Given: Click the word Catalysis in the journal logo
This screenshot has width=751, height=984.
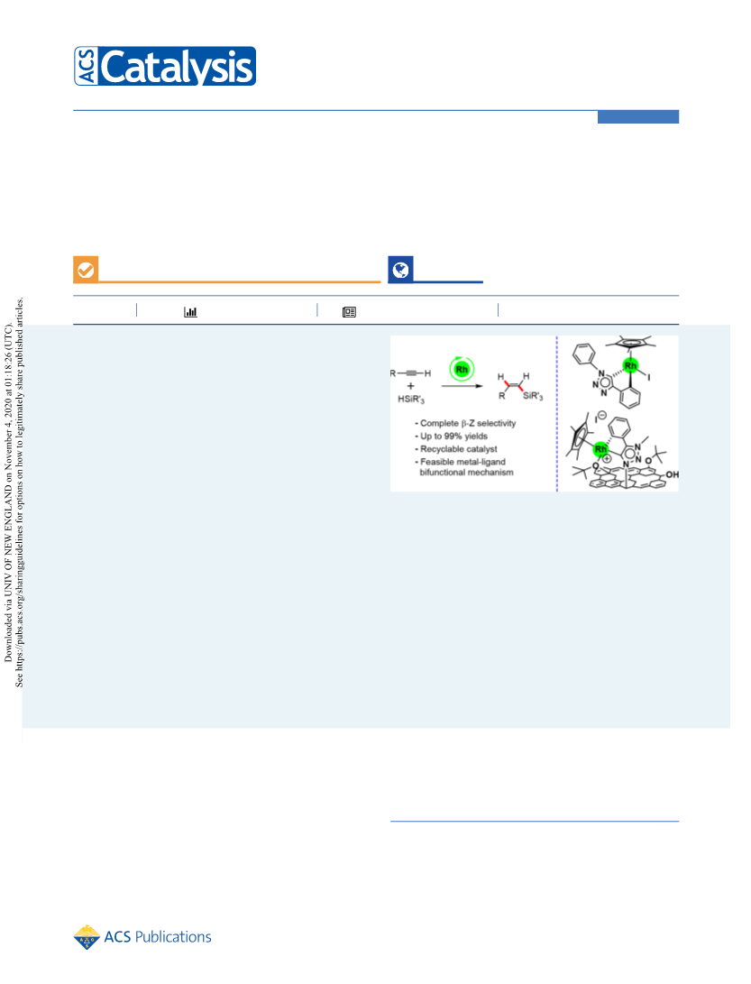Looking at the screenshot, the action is click(x=177, y=67).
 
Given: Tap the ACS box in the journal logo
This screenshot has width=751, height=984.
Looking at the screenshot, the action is click(x=87, y=66).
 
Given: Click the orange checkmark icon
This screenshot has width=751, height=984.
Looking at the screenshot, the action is click(x=86, y=270).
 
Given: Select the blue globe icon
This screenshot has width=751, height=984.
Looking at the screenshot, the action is click(x=400, y=270).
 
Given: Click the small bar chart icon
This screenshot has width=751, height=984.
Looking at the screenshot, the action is click(x=191, y=311).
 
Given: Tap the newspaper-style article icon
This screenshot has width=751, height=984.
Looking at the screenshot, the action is click(x=350, y=312).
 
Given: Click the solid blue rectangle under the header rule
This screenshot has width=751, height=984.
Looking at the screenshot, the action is click(x=638, y=116).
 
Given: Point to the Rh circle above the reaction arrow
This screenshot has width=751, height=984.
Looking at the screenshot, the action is click(x=462, y=369).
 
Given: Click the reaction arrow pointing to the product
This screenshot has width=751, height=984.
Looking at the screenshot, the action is click(x=463, y=386).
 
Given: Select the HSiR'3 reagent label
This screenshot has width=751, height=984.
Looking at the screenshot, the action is click(x=411, y=400).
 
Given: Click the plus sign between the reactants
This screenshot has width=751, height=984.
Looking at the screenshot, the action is click(x=411, y=386).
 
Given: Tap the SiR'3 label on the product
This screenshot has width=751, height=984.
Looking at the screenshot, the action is click(x=533, y=396).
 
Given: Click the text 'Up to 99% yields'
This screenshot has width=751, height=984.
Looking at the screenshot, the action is click(x=453, y=437).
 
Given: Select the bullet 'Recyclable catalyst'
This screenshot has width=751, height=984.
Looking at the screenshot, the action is click(x=456, y=448).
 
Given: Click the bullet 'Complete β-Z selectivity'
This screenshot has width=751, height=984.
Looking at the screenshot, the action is click(x=465, y=423).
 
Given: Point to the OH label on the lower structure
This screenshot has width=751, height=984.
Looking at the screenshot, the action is click(x=672, y=474).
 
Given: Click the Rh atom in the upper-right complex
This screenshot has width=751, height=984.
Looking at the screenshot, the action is click(x=630, y=365).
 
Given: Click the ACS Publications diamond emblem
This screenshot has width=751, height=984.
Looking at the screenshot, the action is click(x=87, y=937).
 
